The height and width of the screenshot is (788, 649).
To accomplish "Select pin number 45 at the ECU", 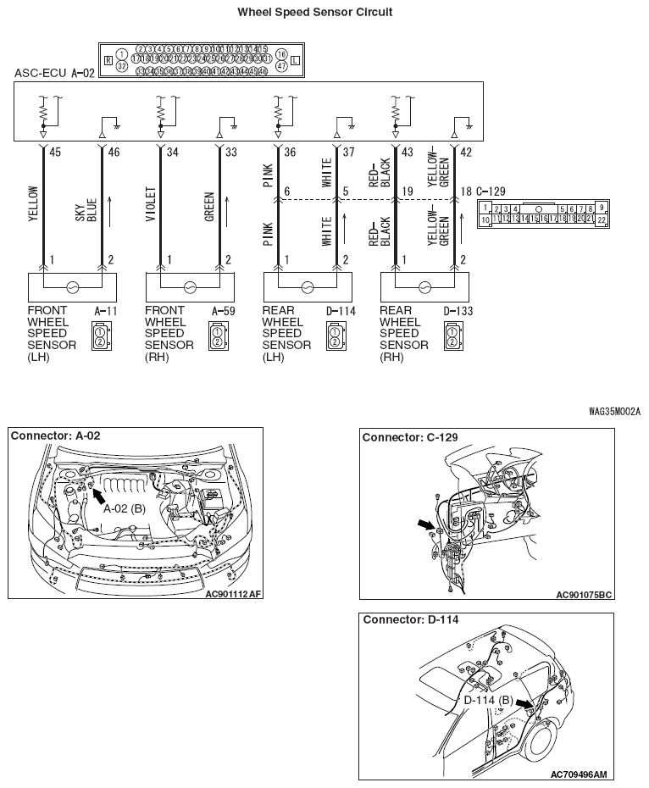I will pos(56,153).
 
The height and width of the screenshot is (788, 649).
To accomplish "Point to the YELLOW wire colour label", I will pos(34,203).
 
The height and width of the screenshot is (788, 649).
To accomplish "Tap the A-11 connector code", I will pos(104,312).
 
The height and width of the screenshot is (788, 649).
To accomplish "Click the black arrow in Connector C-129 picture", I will pos(425,525).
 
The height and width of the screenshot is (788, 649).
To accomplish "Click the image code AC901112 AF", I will pos(233,594).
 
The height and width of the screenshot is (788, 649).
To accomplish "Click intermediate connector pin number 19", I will pos(407,192).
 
